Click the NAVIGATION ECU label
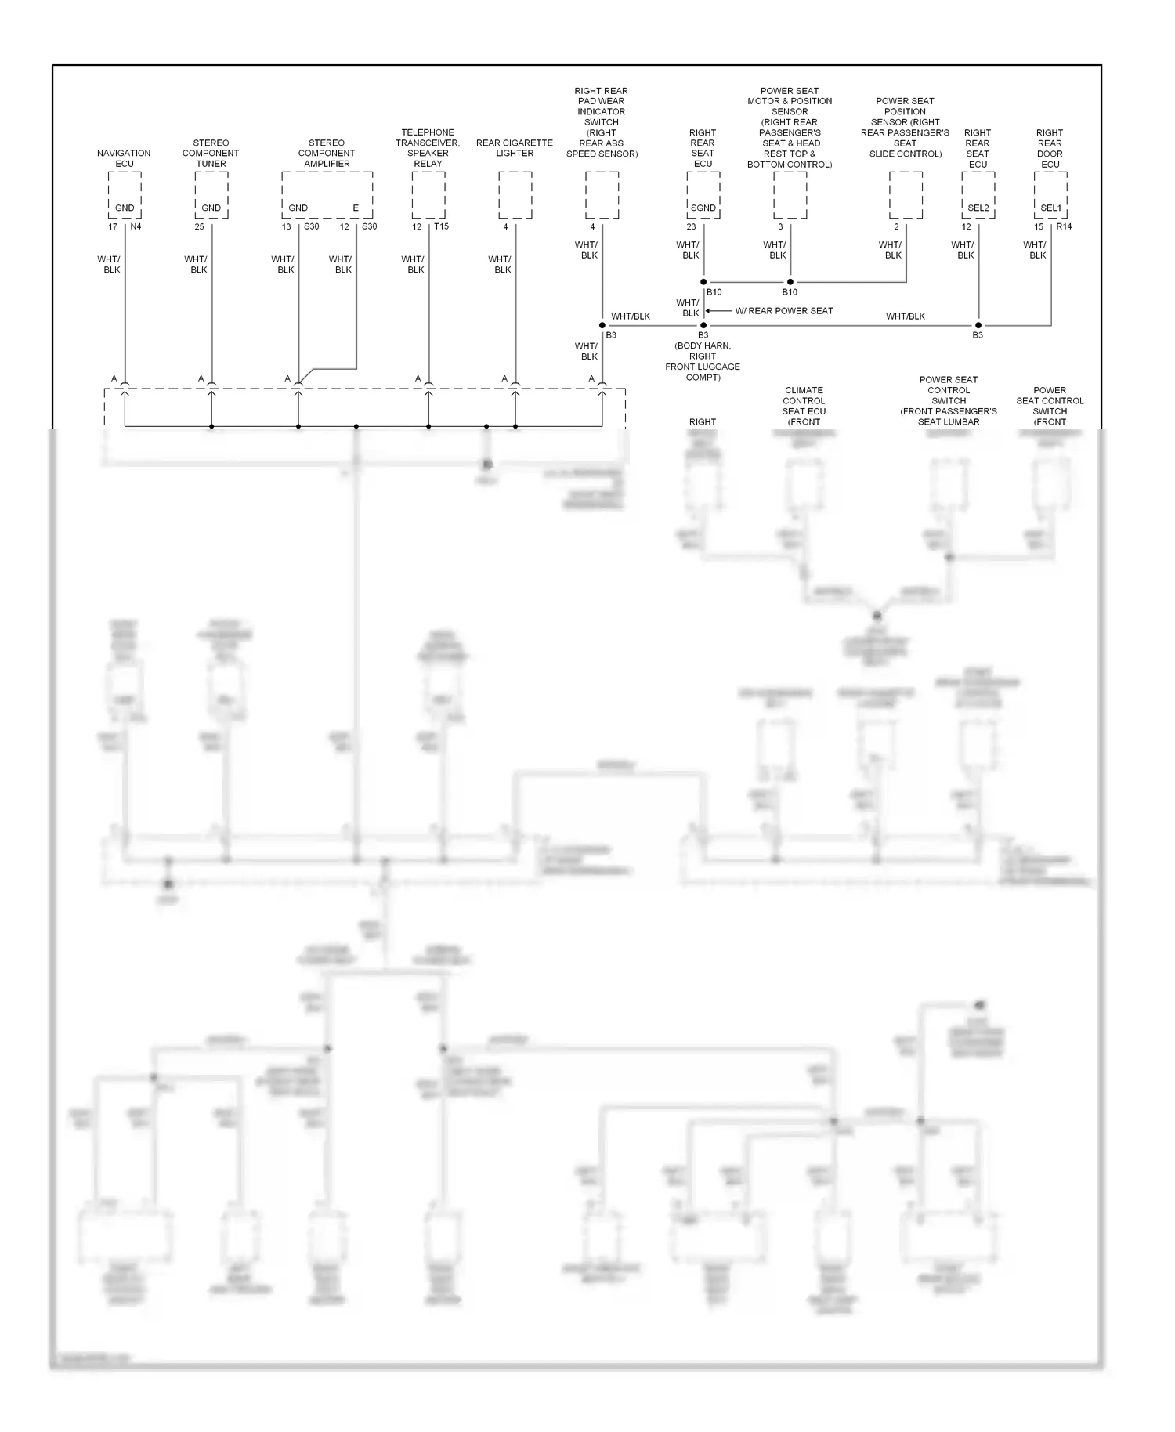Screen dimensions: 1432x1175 tap(124, 158)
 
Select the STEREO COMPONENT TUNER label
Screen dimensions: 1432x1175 tap(211, 154)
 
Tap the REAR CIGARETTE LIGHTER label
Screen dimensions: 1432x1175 tap(515, 148)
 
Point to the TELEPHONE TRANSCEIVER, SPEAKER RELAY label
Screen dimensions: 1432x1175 tap(428, 148)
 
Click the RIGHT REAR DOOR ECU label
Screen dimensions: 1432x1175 tap(1050, 148)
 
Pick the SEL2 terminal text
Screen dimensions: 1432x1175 tap(978, 208)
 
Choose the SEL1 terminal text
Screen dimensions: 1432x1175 tap(1050, 208)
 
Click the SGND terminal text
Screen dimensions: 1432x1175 tap(703, 208)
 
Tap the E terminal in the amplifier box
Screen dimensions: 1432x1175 tap(356, 208)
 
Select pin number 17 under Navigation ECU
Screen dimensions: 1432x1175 tap(113, 227)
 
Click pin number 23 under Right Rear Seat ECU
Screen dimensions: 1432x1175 tap(691, 227)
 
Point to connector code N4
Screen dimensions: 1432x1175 tap(136, 227)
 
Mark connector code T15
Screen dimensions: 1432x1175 tap(442, 227)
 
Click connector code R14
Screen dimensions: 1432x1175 tap(1064, 227)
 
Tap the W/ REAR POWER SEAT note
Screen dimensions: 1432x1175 tap(783, 311)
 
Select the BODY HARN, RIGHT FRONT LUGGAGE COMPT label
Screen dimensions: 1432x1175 tap(703, 361)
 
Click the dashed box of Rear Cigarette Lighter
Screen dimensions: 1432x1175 tap(515, 195)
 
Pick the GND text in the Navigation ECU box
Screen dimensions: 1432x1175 tap(125, 208)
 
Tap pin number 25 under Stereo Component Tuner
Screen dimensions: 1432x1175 tap(199, 227)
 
